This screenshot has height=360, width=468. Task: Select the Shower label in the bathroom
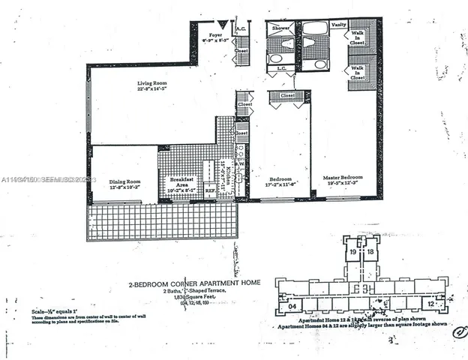[280, 28]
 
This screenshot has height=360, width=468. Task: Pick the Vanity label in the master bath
[338, 25]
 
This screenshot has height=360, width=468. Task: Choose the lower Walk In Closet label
[358, 72]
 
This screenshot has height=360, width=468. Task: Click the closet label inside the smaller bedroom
[286, 96]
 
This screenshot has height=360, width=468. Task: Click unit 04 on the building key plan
[294, 305]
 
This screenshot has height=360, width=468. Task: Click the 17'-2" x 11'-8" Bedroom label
[280, 180]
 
